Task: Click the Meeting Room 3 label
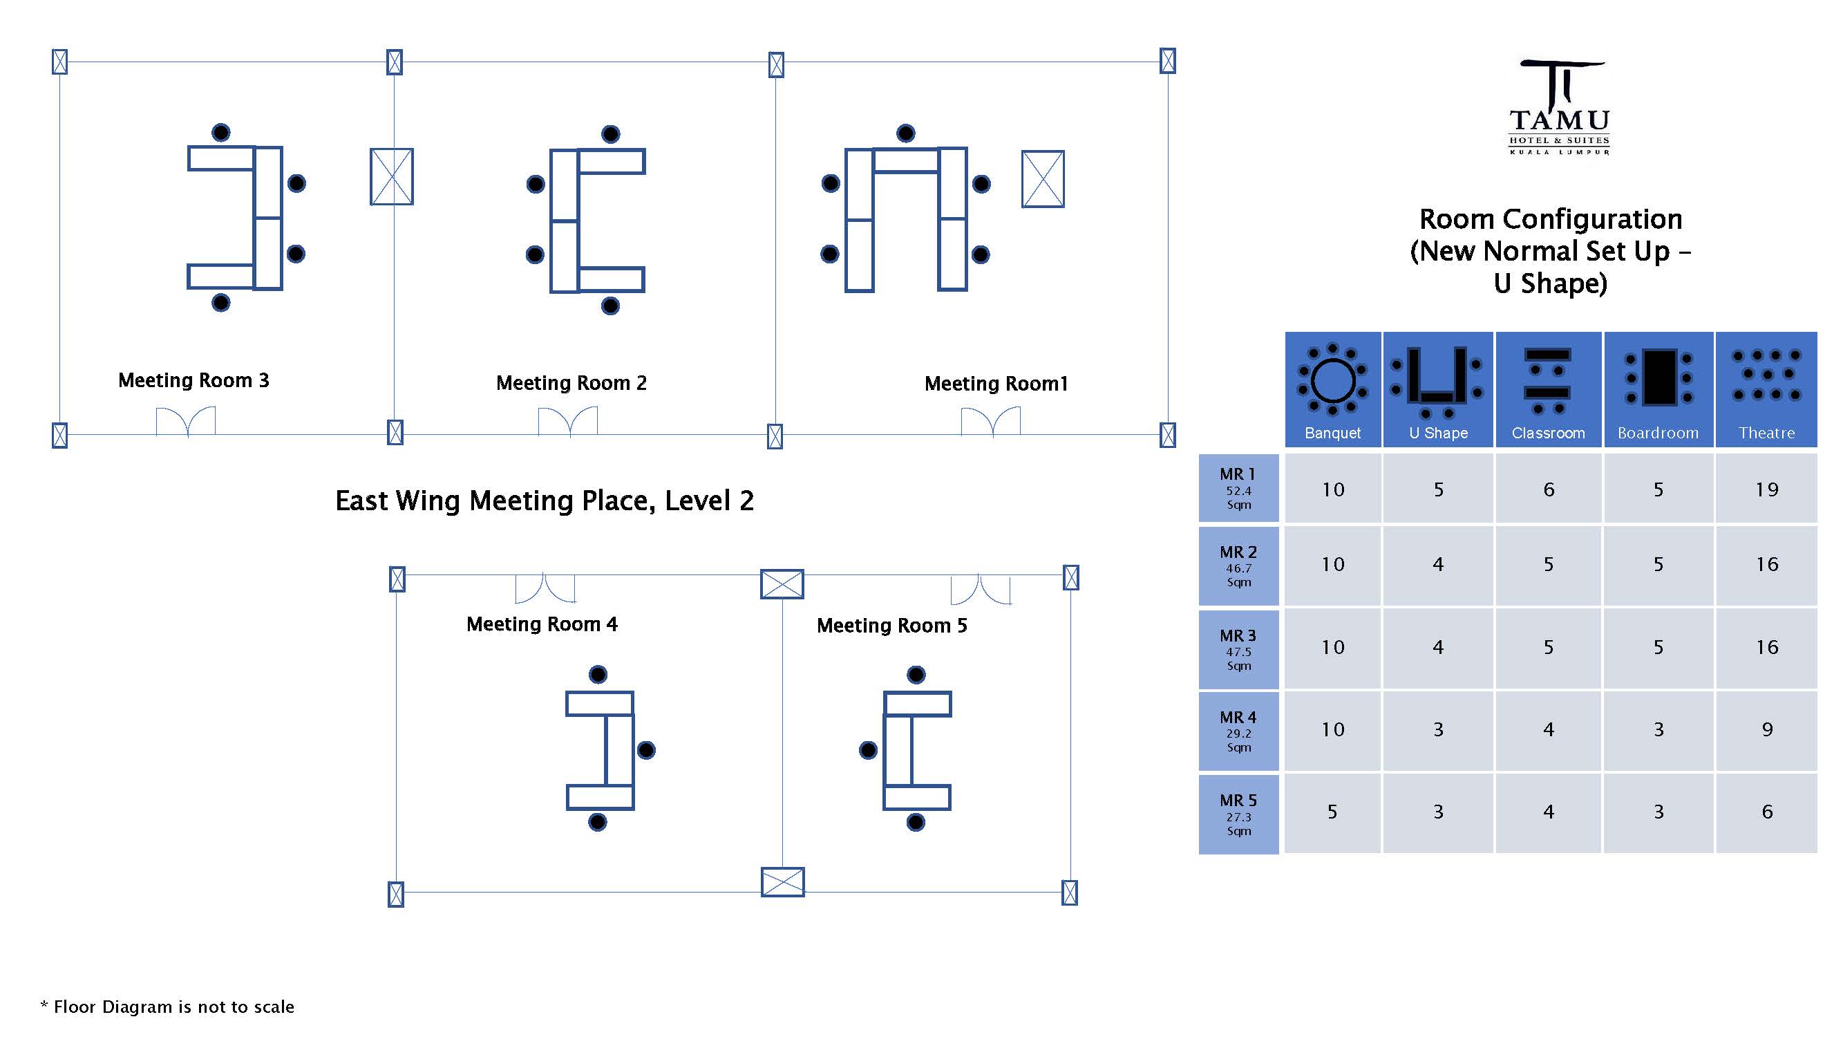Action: (x=193, y=380)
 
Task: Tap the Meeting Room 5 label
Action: (x=891, y=626)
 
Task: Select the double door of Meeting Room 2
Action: (x=568, y=421)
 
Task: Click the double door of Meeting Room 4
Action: (x=545, y=588)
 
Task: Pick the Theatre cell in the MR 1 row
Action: (x=1766, y=489)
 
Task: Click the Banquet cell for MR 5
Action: (x=1332, y=812)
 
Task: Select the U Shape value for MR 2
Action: (x=1438, y=565)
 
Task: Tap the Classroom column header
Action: (x=1548, y=390)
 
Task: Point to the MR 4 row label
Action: (x=1238, y=731)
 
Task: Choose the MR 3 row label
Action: (x=1238, y=649)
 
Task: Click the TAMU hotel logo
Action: (x=1559, y=108)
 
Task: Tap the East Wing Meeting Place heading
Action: (x=545, y=501)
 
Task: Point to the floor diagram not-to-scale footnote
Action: (x=167, y=1007)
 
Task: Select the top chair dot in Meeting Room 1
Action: (x=906, y=133)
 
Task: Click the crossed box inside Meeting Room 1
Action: (x=1042, y=179)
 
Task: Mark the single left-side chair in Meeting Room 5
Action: (x=868, y=750)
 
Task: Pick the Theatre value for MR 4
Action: (x=1766, y=730)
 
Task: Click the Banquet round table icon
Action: (x=1332, y=380)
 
